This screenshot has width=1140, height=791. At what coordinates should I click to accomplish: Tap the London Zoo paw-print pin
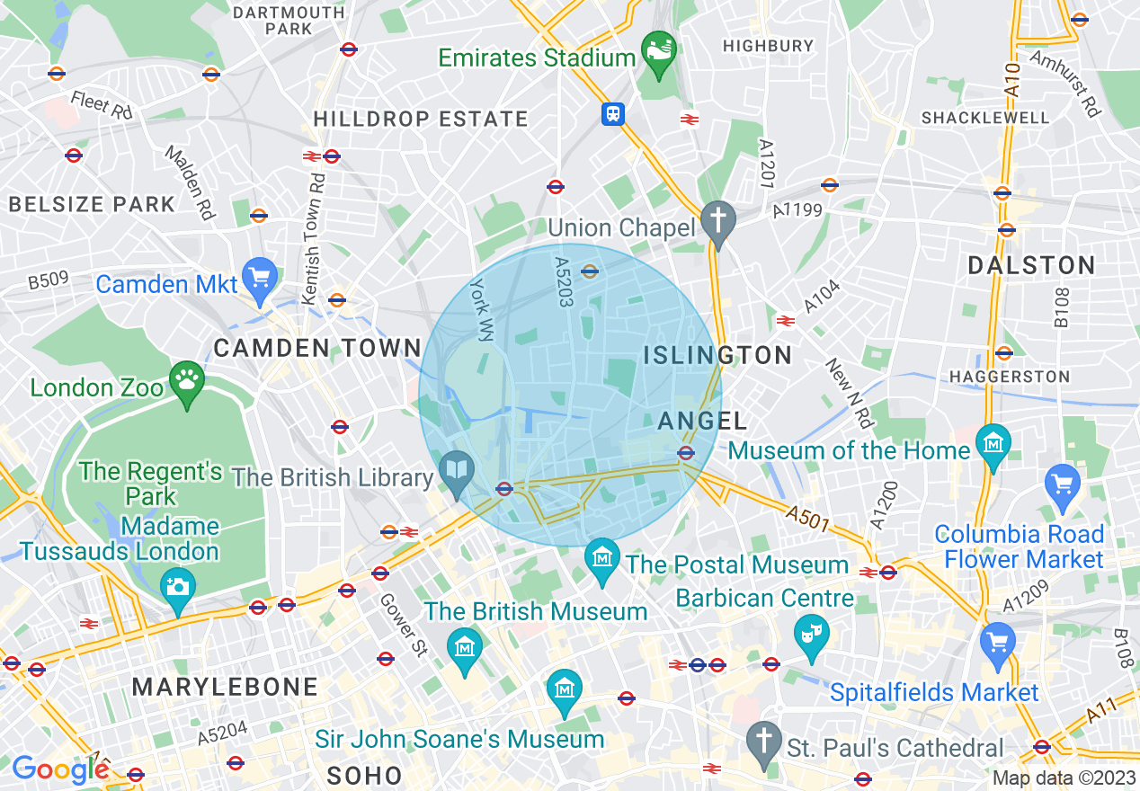(x=187, y=382)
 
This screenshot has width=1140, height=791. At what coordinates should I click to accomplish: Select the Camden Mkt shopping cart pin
(x=261, y=279)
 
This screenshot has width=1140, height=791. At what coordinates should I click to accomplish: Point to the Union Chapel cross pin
(x=717, y=221)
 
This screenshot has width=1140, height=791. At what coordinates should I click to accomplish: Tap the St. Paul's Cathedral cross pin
(x=765, y=741)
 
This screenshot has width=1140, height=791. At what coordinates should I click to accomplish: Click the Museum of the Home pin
(x=993, y=444)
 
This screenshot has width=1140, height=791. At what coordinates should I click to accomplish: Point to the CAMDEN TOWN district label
(x=317, y=348)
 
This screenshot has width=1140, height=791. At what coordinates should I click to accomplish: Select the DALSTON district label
(x=1031, y=265)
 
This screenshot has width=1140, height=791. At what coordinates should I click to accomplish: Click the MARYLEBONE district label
(x=225, y=688)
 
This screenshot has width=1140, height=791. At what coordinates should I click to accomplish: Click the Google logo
(x=60, y=769)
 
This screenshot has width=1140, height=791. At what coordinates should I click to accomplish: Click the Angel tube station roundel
(x=686, y=452)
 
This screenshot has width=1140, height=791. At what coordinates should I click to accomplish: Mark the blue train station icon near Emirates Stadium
(x=613, y=114)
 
